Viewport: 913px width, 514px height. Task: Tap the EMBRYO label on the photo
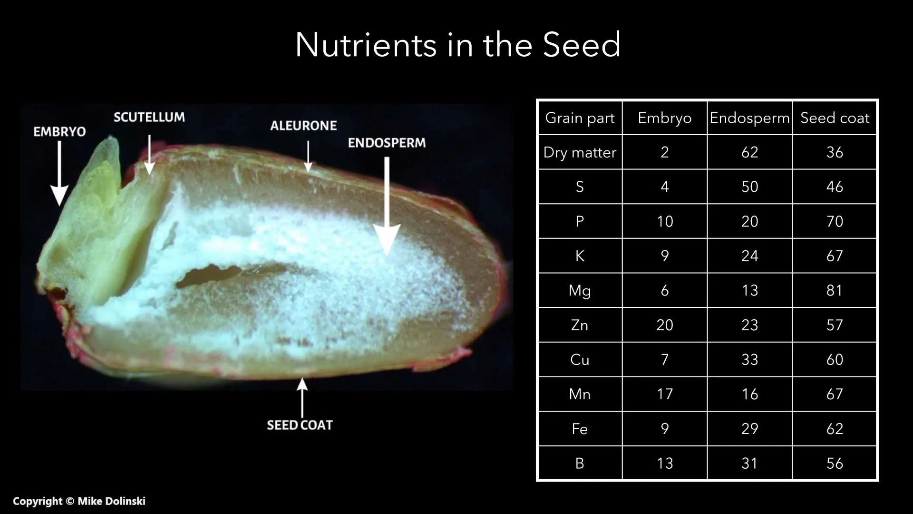point(59,132)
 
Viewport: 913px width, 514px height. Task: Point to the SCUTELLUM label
point(149,117)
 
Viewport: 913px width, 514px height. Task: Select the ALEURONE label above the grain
point(303,126)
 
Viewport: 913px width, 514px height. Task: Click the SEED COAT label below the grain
point(300,425)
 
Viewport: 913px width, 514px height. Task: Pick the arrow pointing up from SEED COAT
point(302,397)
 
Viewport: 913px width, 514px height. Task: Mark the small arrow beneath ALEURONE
point(308,156)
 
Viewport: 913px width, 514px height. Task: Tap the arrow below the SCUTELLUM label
point(149,155)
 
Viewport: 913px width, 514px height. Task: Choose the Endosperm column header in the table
point(749,118)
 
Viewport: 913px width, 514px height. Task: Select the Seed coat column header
point(835,118)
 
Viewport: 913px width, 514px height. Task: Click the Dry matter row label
point(580,152)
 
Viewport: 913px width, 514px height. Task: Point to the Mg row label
point(580,290)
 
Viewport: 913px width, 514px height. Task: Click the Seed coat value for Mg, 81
point(835,290)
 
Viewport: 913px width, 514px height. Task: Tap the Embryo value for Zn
point(665,325)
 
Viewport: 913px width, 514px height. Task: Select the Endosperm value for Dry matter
point(749,152)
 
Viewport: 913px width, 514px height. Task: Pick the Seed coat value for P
point(835,221)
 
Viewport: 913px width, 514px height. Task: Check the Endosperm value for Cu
point(749,359)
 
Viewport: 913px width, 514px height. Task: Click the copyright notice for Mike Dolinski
point(79,501)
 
